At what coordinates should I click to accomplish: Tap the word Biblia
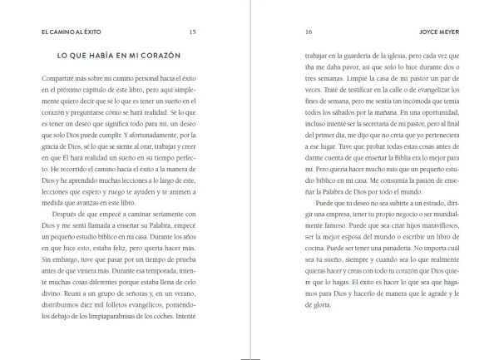410,170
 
